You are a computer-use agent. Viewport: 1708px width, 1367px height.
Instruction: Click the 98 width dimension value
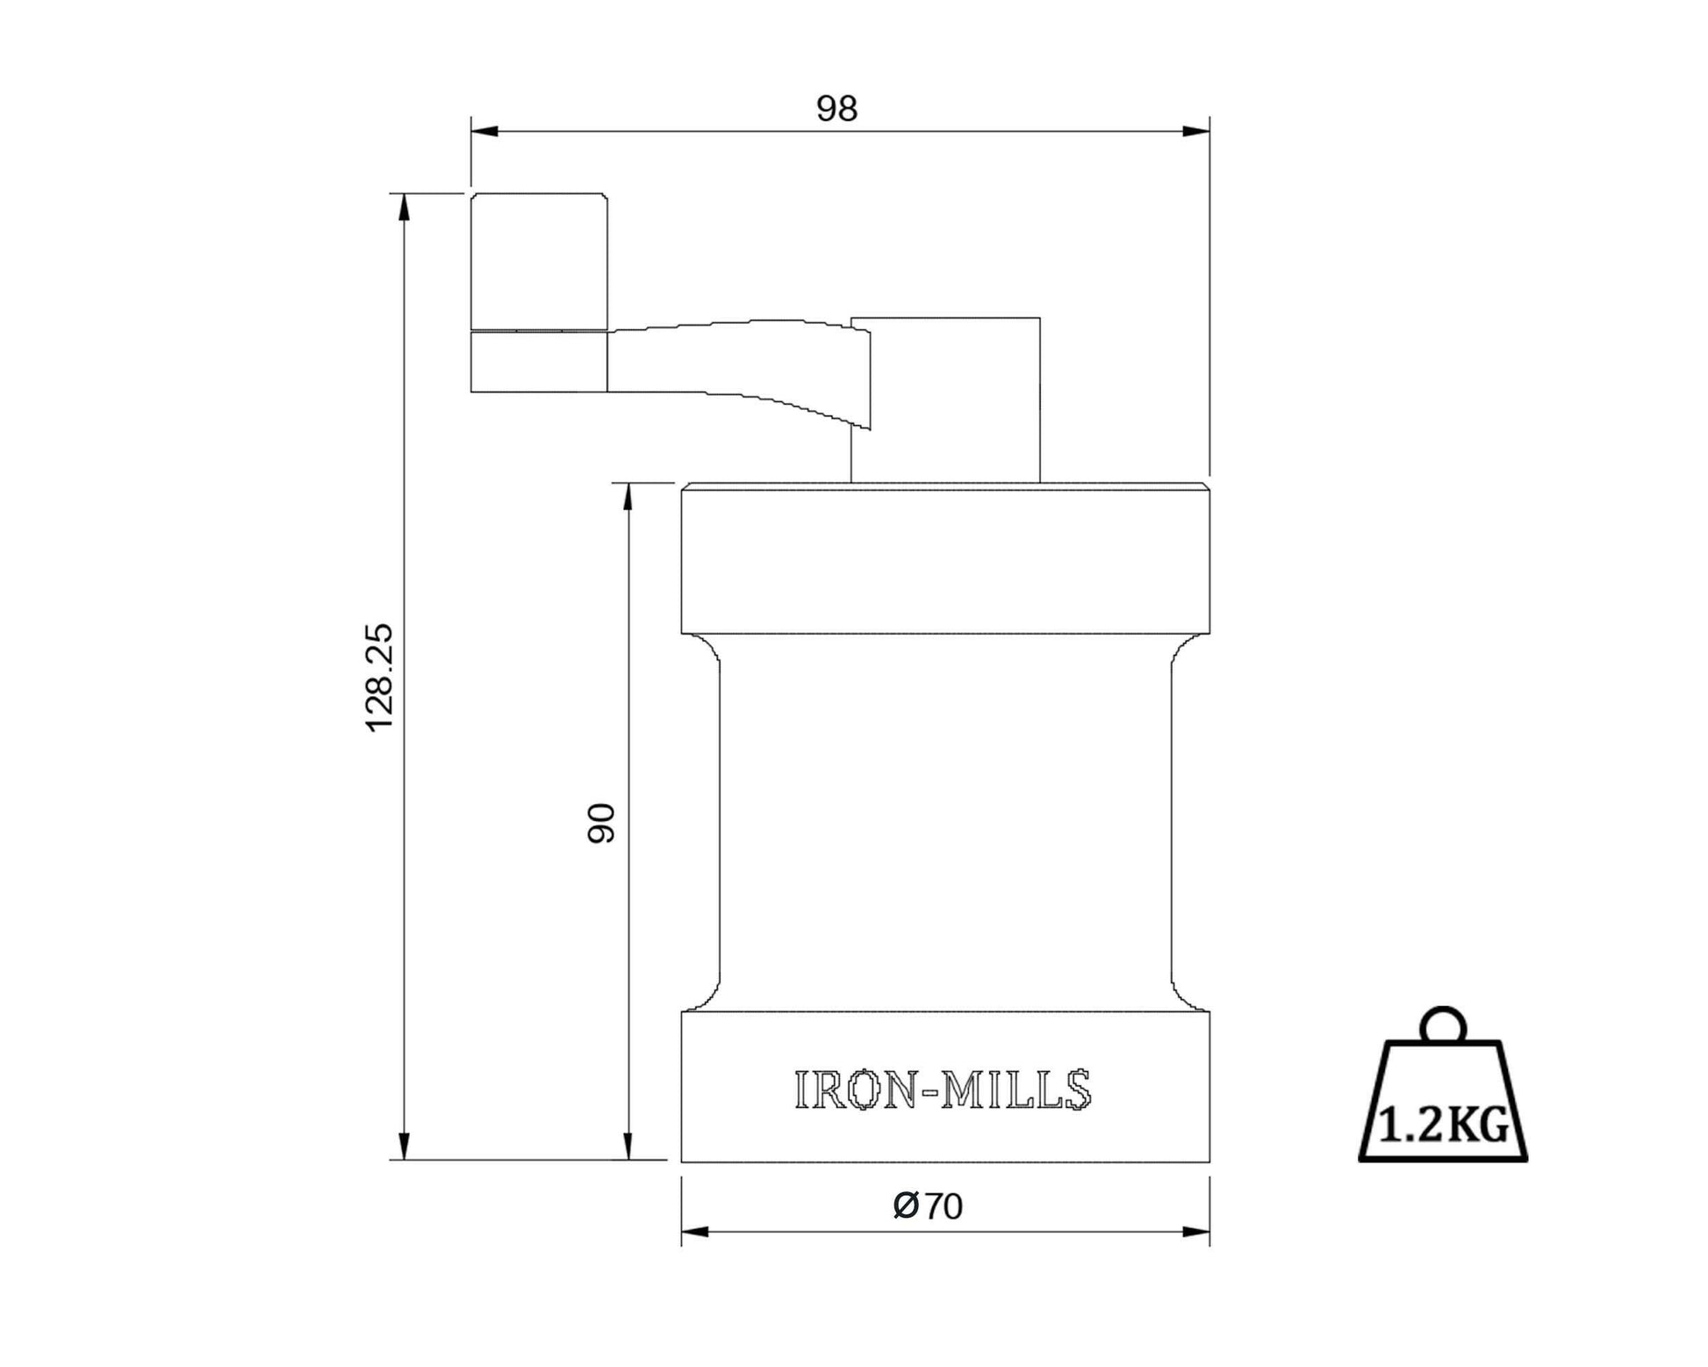[x=836, y=109]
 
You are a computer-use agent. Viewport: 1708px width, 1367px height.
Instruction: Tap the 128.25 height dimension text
[x=380, y=677]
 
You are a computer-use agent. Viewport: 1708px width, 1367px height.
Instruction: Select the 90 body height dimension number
[x=601, y=823]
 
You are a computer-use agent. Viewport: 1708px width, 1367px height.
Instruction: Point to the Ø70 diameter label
[x=928, y=1206]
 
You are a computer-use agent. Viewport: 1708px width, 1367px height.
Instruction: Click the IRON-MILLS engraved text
[x=943, y=1090]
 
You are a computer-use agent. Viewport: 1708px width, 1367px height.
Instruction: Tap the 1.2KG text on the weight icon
[x=1443, y=1126]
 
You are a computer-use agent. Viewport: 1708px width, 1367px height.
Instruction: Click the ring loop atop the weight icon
[x=1443, y=1025]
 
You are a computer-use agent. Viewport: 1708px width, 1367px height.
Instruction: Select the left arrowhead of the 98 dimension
[x=484, y=132]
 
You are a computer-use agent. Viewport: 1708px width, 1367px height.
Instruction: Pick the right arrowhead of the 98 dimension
[x=1195, y=132]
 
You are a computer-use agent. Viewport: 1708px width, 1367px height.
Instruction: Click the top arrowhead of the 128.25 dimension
[x=405, y=207]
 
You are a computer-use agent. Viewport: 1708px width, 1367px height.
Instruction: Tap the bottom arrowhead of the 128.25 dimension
[x=405, y=1146]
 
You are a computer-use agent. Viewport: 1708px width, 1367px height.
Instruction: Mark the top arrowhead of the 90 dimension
[x=628, y=497]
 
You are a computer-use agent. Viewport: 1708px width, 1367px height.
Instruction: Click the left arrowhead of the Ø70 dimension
[x=695, y=1232]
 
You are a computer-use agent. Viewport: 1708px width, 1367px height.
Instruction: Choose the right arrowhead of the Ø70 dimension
[x=1195, y=1232]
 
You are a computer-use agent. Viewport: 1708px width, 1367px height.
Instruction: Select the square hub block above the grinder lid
[x=945, y=399]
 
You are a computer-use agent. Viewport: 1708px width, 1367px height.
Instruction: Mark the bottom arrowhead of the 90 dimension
[x=628, y=1146]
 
